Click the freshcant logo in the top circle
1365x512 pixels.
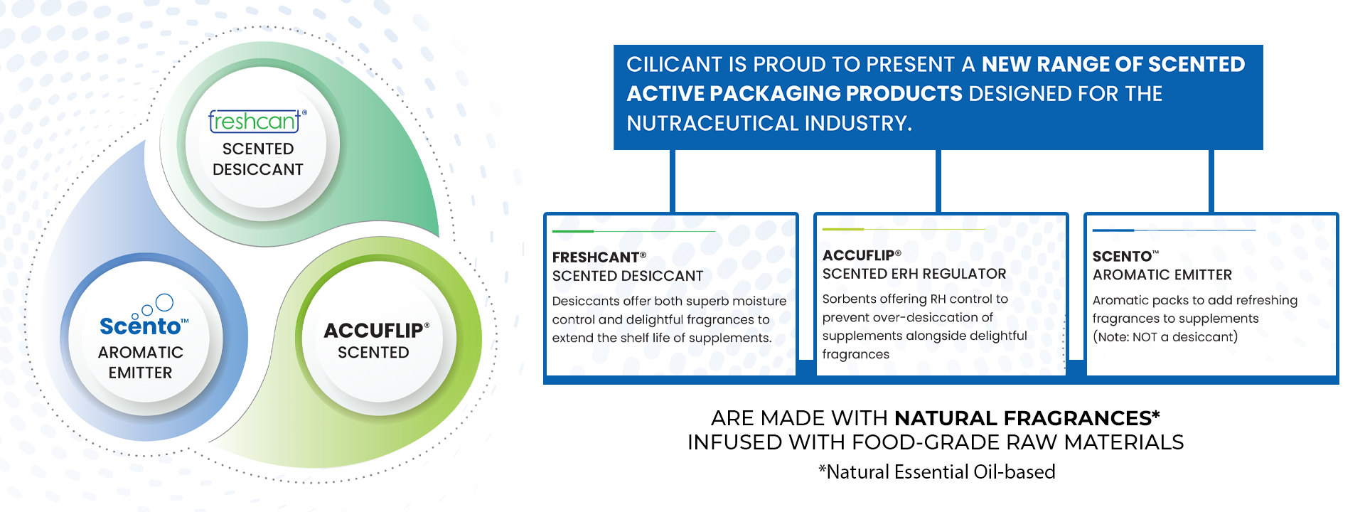click(x=257, y=121)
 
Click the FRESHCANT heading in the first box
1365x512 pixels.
click(x=599, y=257)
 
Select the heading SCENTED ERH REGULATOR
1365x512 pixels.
click(x=914, y=274)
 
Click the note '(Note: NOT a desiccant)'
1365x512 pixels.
click(x=1165, y=337)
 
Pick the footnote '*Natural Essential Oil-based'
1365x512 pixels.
click(x=937, y=471)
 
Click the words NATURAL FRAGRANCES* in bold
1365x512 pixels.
click(x=1027, y=417)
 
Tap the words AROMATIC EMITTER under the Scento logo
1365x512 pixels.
click(x=141, y=363)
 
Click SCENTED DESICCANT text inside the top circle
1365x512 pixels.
click(x=258, y=159)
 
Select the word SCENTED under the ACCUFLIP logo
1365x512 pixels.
click(x=373, y=353)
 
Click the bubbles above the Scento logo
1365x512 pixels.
click(x=156, y=305)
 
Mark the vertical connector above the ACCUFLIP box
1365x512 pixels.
click(x=938, y=181)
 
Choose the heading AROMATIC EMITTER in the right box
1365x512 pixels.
click(x=1162, y=274)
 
